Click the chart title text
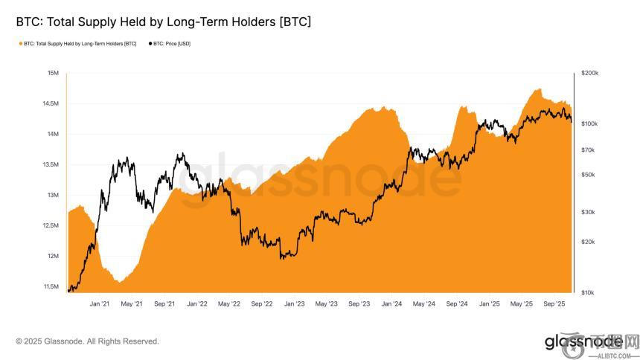163,22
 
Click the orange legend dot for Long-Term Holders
19,44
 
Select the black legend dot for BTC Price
149,44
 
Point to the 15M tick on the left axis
53,73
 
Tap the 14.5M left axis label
51,103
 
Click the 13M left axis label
53,195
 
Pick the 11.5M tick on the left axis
51,286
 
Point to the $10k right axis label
588,292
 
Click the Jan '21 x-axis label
100,303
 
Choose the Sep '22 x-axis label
262,303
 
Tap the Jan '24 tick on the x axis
392,303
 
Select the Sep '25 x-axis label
554,303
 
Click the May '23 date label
327,303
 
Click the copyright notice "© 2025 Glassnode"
87,341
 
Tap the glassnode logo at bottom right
582,342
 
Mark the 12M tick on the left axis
53,256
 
